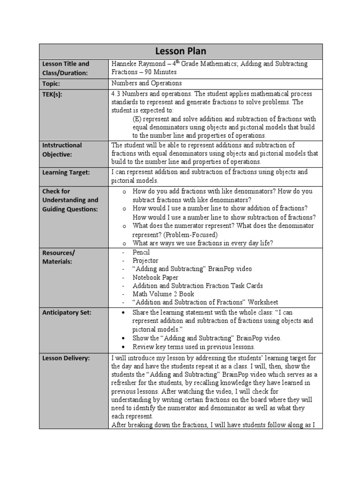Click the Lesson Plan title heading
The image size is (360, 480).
pos(180,51)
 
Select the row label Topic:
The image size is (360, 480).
pos(52,83)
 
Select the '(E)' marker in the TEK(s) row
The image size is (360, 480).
pos(138,119)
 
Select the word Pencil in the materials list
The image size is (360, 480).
pos(142,252)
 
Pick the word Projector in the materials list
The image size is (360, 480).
pos(145,261)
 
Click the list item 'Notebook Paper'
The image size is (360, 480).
pos(155,277)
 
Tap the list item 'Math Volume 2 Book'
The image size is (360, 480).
pos(163,294)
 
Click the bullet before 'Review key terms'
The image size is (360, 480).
pos(123,347)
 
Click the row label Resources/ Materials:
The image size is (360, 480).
pos(59,257)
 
